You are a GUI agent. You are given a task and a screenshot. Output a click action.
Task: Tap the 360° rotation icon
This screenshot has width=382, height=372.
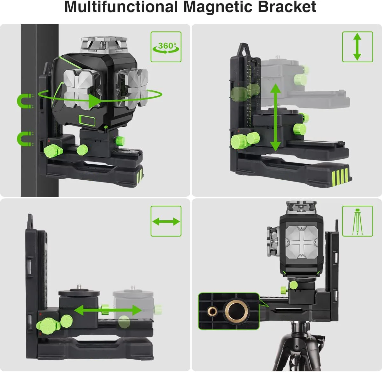coord(166,47)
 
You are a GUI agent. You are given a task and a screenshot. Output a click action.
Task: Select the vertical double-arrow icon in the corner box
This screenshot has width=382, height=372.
coord(357,47)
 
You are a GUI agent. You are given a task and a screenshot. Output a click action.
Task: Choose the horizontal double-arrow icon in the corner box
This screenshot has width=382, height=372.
coord(166,221)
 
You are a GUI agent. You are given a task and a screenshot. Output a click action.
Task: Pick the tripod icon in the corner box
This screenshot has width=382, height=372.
coord(357,221)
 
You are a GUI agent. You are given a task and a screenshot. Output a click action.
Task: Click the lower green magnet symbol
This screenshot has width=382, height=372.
coord(25,139)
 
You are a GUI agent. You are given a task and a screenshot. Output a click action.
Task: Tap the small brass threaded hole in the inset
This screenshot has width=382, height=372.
coord(212,311)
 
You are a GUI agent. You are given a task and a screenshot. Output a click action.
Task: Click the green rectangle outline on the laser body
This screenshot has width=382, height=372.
coord(87,120)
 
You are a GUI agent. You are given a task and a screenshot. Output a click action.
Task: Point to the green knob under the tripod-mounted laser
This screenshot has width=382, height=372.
coord(293,285)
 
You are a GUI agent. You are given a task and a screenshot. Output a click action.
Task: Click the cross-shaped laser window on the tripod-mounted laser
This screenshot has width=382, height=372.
coord(301,242)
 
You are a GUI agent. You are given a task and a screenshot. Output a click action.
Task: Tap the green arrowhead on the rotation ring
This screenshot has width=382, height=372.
coord(95,101)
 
